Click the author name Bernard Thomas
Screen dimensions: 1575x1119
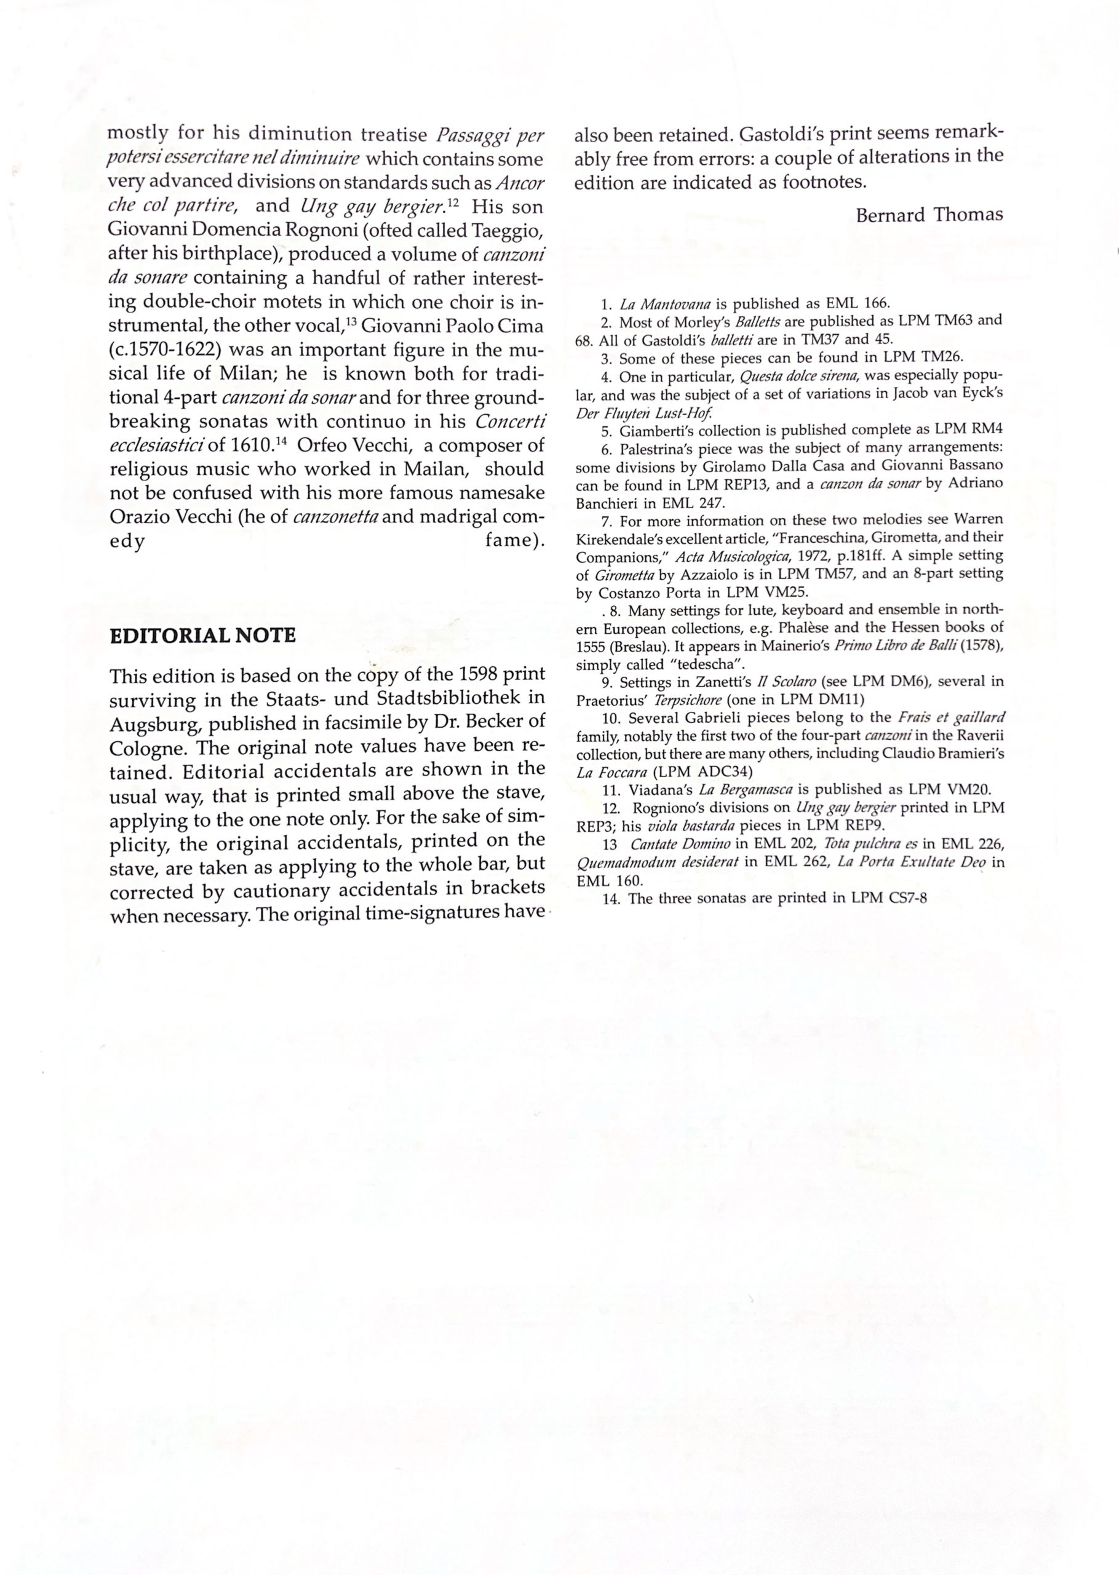929,215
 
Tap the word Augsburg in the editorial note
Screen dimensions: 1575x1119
154,725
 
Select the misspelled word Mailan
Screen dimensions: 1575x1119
437,469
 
